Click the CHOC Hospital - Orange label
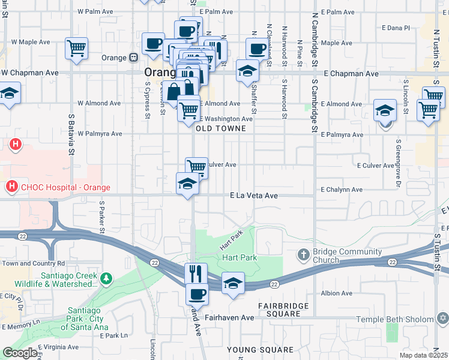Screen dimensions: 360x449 (x=65, y=188)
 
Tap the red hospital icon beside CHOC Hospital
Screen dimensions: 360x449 (x=11, y=188)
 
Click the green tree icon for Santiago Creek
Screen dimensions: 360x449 (x=106, y=278)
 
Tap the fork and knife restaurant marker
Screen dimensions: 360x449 (x=196, y=274)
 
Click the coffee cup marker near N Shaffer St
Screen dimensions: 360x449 (x=257, y=49)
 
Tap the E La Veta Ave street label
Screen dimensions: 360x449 (x=254, y=196)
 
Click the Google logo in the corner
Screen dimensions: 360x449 (x=20, y=353)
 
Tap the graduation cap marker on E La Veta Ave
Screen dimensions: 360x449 (x=187, y=183)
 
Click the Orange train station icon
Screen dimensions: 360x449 (x=133, y=58)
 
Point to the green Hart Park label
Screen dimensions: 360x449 (x=240, y=257)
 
